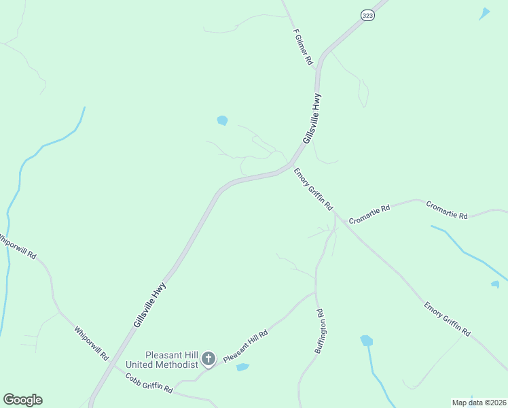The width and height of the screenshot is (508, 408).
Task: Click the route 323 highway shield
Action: point(367,16)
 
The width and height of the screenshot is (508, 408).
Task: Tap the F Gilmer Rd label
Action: point(303,47)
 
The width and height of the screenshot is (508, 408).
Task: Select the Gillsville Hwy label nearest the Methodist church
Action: point(149,305)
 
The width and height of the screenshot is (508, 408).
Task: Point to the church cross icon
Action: point(208,358)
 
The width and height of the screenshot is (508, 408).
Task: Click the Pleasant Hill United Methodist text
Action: point(170,359)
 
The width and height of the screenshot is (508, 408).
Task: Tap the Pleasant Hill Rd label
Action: point(246,345)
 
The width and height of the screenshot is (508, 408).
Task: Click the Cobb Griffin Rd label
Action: point(149,383)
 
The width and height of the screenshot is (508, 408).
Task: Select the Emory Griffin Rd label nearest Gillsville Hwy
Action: point(313,189)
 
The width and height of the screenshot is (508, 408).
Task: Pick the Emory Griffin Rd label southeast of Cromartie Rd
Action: point(447,319)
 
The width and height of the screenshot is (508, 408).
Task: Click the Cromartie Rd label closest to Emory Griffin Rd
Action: point(369,214)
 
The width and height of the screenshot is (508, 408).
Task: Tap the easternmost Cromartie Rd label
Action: point(447,210)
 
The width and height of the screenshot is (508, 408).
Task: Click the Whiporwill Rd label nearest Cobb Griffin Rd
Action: point(91,343)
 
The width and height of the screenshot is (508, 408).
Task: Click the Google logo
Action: point(22,400)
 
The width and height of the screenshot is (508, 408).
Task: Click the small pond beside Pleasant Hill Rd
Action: point(242,367)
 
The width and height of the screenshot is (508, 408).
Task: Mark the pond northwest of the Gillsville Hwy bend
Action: point(222,120)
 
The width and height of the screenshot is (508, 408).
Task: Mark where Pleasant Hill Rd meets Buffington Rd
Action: point(316,294)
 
